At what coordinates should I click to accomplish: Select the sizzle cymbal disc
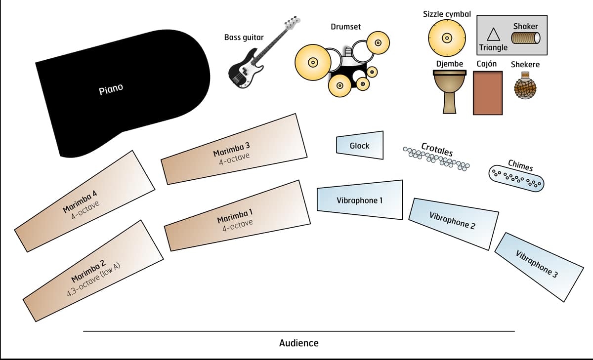tap(447, 38)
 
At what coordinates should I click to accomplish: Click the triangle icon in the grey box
tap(492, 35)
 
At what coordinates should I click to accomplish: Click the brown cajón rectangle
tap(488, 93)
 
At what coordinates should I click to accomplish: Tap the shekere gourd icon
tap(525, 87)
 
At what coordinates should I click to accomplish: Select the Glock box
tap(360, 145)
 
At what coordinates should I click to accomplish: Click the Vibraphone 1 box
tap(360, 200)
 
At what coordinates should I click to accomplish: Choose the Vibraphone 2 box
tap(453, 222)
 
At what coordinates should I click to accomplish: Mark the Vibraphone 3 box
tap(540, 266)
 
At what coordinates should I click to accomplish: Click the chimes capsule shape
tap(516, 178)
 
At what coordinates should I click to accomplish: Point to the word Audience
tap(299, 343)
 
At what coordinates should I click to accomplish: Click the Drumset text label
tap(345, 26)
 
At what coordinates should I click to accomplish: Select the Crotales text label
tap(437, 149)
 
